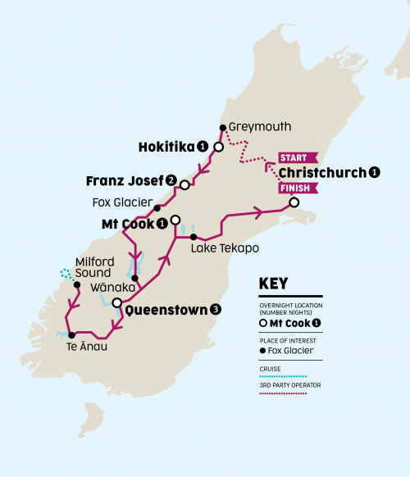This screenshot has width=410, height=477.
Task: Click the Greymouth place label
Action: click(x=255, y=127)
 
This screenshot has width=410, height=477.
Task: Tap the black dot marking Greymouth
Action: click(x=222, y=127)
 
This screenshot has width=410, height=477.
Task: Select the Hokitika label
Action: click(x=166, y=147)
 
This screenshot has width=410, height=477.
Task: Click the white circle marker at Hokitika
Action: click(x=218, y=148)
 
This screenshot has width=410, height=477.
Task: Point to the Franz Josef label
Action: click(x=125, y=180)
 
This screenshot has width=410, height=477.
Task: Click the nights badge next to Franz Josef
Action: click(x=171, y=180)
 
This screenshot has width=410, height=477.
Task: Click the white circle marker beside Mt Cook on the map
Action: click(x=175, y=220)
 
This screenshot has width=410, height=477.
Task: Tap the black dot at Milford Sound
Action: click(x=77, y=285)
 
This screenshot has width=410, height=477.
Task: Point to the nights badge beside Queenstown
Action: click(x=216, y=310)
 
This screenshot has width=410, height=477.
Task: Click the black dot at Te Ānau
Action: click(x=71, y=334)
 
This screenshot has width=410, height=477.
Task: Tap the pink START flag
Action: click(x=293, y=157)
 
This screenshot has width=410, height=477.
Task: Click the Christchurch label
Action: click(x=322, y=172)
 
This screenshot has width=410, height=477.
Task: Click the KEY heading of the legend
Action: click(x=273, y=284)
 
